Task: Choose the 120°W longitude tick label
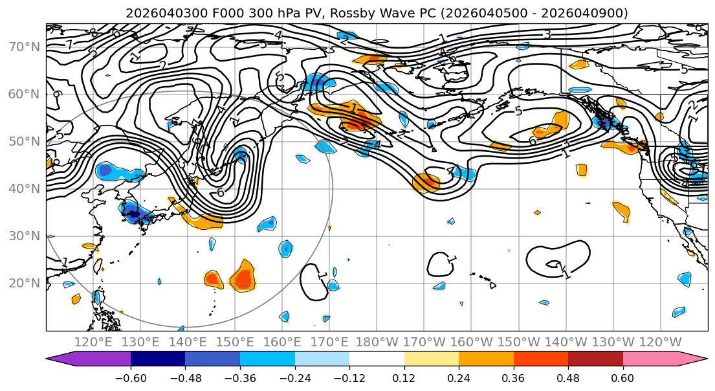pos(661,341)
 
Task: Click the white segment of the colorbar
pos(377,359)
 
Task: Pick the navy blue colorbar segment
pos(158,359)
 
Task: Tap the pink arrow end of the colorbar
pos(692,359)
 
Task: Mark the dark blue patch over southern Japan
pos(132,212)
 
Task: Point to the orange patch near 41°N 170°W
pos(426,183)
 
